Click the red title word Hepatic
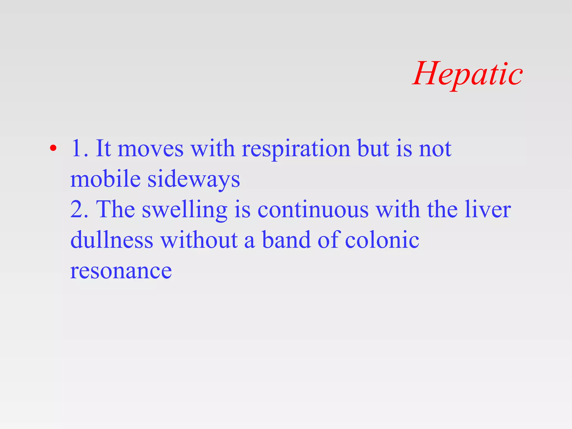tap(468, 74)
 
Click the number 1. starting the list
tap(80, 148)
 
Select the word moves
tap(151, 149)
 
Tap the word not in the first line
tap(435, 149)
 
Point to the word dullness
tap(112, 240)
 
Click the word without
tap(199, 240)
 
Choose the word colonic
tap(382, 240)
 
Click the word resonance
tap(121, 271)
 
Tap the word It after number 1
tap(103, 148)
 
